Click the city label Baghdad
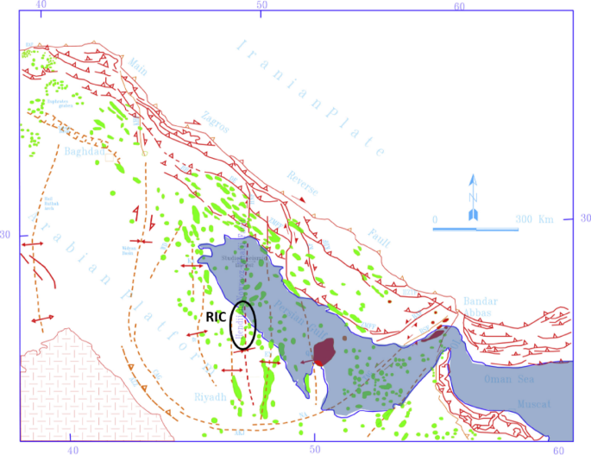84,152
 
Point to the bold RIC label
216,317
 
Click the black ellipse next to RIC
243,325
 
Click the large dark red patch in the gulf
324,351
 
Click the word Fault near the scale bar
378,233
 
